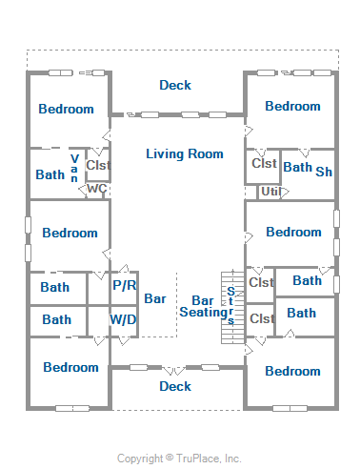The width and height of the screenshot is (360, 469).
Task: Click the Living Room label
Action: click(x=185, y=154)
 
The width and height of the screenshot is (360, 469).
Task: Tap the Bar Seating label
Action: click(x=204, y=306)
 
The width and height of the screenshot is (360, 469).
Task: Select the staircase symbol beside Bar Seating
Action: click(x=232, y=307)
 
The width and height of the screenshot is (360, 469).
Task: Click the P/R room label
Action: click(x=125, y=285)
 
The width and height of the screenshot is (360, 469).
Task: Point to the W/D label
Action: click(x=123, y=319)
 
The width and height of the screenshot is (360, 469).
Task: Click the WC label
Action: click(x=96, y=189)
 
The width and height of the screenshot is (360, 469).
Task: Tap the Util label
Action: click(x=270, y=192)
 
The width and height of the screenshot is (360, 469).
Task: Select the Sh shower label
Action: click(x=324, y=172)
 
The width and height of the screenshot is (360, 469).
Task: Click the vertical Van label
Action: click(x=74, y=169)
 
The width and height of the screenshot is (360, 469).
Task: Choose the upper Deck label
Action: click(x=175, y=85)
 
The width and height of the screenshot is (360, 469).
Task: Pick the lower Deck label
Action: click(x=175, y=386)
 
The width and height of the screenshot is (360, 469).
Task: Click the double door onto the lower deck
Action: click(x=174, y=370)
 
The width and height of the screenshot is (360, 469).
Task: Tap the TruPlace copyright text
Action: click(x=179, y=459)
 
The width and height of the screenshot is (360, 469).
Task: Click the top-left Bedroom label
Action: click(x=66, y=109)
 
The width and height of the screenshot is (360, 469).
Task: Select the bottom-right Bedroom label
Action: click(x=292, y=371)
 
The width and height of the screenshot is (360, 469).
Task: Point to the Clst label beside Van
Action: click(x=98, y=165)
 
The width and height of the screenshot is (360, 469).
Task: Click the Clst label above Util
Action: click(x=264, y=163)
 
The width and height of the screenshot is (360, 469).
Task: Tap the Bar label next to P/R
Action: click(x=155, y=298)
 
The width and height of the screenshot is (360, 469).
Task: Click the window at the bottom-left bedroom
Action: click(x=72, y=408)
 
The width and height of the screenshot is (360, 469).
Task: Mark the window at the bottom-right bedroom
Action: click(x=290, y=408)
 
